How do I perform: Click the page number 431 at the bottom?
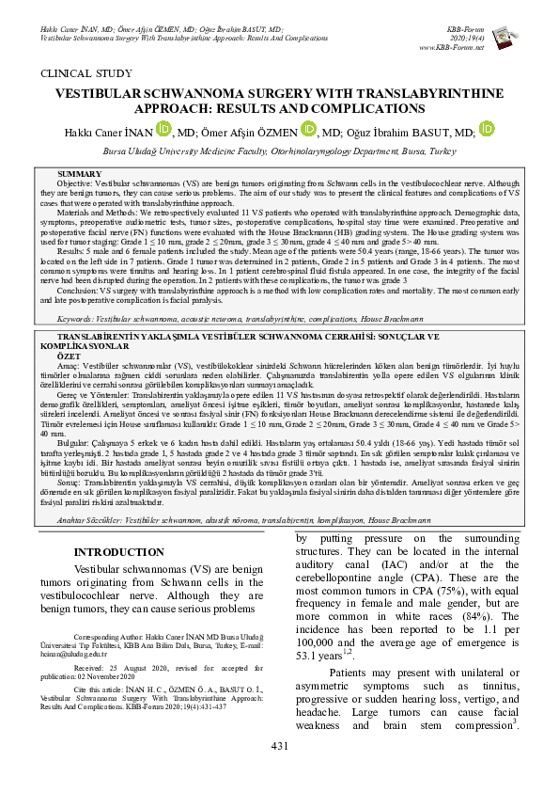(279, 746)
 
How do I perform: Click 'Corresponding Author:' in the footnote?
(116, 636)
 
